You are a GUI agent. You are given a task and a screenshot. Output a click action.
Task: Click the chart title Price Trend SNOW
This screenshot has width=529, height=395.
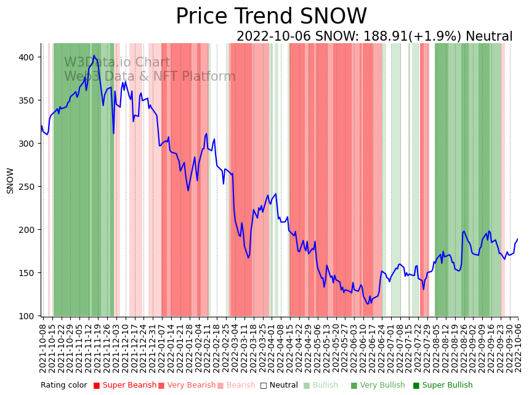271,17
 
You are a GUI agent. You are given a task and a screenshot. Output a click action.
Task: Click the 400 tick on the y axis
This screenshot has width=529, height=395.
29,57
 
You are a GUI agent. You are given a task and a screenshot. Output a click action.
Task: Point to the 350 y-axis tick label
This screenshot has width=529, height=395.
29,100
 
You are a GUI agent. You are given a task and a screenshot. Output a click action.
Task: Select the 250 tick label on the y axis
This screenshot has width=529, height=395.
29,187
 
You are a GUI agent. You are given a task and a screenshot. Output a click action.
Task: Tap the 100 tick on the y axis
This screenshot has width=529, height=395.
29,316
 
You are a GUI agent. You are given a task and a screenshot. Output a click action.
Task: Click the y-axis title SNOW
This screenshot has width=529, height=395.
10,181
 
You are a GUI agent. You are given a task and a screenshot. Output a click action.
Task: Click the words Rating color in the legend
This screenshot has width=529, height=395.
64,386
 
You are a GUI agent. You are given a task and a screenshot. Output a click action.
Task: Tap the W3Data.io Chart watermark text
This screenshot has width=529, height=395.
117,62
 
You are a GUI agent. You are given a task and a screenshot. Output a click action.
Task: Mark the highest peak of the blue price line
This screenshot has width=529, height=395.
94,55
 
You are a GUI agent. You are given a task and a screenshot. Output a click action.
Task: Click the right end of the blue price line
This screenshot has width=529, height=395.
518,239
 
